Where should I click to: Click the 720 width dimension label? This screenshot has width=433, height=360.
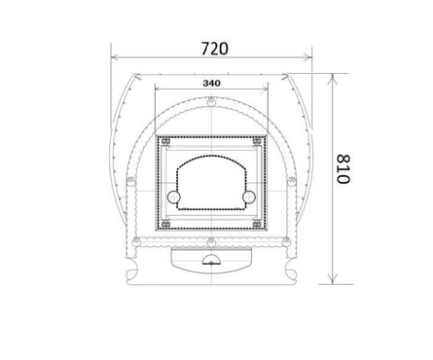pyautogui.click(x=214, y=49)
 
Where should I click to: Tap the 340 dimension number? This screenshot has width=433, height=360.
pyautogui.click(x=211, y=84)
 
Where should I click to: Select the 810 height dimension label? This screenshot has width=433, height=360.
pyautogui.click(x=343, y=169)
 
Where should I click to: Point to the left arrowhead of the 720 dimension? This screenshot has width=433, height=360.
pyautogui.click(x=116, y=57)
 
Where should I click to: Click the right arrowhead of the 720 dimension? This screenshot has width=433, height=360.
pyautogui.click(x=307, y=57)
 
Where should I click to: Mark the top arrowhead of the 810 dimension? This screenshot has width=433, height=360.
pyautogui.click(x=332, y=79)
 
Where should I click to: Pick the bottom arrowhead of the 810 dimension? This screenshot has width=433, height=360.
pyautogui.click(x=332, y=279)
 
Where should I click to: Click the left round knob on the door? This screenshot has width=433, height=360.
pyautogui.click(x=173, y=197)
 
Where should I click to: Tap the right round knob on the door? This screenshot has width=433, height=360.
pyautogui.click(x=249, y=197)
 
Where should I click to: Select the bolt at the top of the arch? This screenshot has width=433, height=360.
pyautogui.click(x=211, y=101)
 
